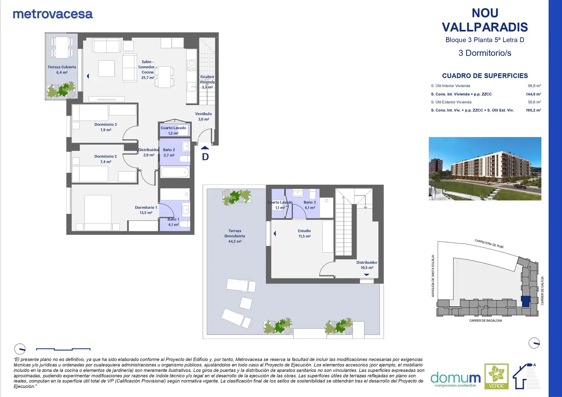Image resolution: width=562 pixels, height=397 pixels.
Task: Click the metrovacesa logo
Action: point(53,14)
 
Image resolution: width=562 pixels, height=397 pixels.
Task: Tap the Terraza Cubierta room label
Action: point(62,70)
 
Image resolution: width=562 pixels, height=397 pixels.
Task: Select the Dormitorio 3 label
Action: point(105,127)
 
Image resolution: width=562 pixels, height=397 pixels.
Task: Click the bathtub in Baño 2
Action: point(175,172)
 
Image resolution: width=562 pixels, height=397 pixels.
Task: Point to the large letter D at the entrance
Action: point(205,157)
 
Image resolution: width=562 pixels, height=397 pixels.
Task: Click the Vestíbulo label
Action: point(204,117)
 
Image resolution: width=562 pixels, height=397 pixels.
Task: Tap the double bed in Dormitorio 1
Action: point(98,213)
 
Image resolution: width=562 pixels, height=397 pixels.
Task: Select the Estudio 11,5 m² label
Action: point(304,233)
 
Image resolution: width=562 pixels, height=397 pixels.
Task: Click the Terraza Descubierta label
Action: point(235,236)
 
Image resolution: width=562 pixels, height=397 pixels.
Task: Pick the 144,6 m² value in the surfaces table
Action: point(533,94)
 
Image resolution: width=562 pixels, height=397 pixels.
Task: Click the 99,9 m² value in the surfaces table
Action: point(534,86)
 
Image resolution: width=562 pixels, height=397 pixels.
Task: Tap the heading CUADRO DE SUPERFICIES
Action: point(485,76)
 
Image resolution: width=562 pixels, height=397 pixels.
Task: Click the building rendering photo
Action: point(485,169)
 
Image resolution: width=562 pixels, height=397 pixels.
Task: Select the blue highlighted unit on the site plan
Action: point(526,301)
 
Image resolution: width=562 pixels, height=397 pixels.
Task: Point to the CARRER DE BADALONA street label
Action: point(485,321)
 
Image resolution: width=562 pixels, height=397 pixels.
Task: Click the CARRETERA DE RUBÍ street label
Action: point(489,244)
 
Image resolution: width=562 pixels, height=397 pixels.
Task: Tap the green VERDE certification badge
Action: point(496,376)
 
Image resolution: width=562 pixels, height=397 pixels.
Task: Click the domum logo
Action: point(455,379)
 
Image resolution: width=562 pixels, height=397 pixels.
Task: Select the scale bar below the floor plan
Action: point(63,349)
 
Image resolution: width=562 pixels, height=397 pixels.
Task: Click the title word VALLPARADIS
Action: point(485,27)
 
